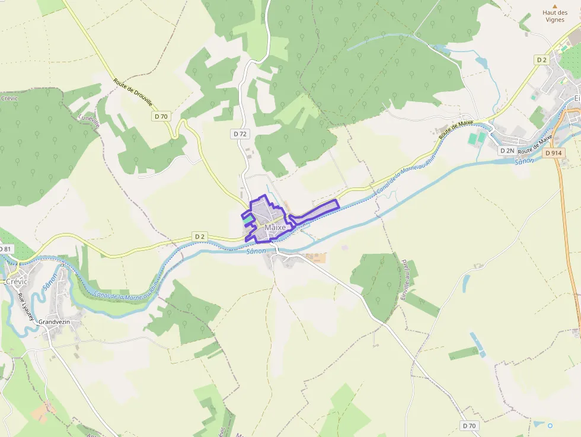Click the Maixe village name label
click(x=275, y=228)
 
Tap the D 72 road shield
click(x=240, y=134)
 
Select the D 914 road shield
click(x=553, y=153)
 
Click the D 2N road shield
click(x=507, y=151)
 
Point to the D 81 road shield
click(x=5, y=248)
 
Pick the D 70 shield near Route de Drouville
click(x=161, y=116)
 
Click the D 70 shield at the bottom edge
click(x=468, y=426)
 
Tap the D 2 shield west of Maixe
click(x=200, y=237)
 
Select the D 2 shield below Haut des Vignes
click(x=541, y=60)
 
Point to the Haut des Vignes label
click(x=555, y=16)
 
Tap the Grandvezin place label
click(x=55, y=322)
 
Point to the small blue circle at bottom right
click(x=550, y=425)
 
